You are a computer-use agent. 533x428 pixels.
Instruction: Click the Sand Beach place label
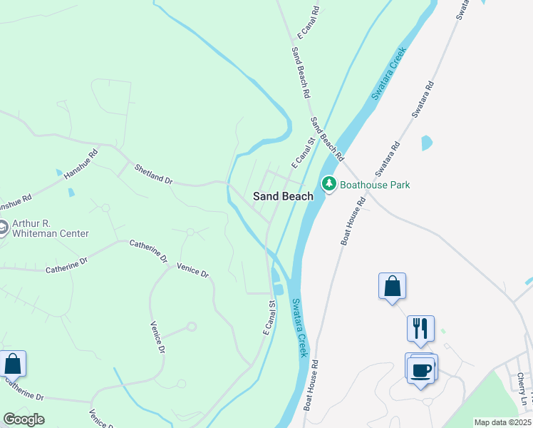click(284, 196)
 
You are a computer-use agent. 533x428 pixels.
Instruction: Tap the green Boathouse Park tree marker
click(328, 184)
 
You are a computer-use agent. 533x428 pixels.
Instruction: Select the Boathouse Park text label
click(375, 185)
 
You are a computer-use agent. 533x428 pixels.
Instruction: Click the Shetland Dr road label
click(154, 174)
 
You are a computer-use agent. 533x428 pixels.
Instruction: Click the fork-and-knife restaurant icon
click(420, 328)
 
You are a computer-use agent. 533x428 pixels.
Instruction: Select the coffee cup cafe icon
click(422, 370)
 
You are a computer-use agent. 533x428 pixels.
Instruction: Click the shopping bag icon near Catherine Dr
click(13, 364)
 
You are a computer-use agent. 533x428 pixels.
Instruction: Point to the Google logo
click(24, 419)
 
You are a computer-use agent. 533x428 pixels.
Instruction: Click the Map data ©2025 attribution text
click(502, 422)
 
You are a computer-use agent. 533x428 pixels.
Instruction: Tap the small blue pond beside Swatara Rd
click(427, 143)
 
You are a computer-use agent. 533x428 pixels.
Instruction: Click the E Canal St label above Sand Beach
click(301, 152)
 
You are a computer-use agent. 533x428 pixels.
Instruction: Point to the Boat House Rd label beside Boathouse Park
click(353, 222)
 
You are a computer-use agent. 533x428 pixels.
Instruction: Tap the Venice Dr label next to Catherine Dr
click(193, 270)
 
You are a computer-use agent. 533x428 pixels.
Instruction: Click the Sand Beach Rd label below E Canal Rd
click(301, 73)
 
